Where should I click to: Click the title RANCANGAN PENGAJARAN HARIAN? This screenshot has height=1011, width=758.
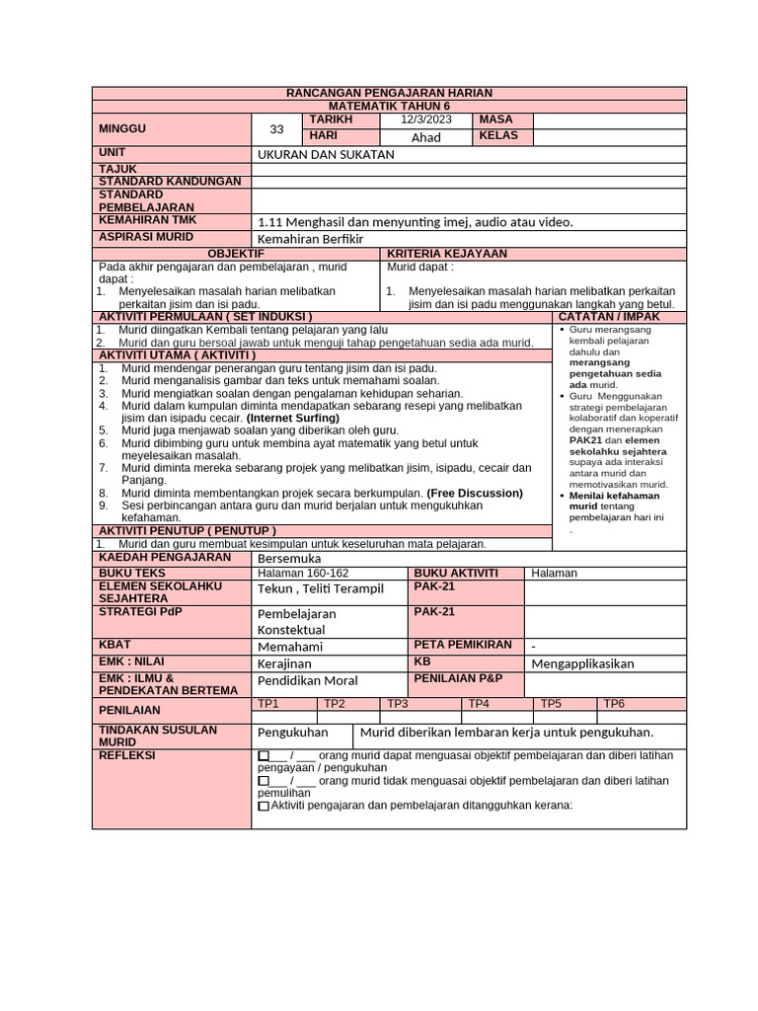click(x=389, y=92)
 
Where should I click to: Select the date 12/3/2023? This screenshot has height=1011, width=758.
click(x=425, y=119)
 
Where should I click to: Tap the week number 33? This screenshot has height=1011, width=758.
click(x=276, y=129)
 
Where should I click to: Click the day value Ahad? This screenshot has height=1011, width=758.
click(x=425, y=137)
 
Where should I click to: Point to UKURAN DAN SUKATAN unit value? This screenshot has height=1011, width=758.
click(x=326, y=154)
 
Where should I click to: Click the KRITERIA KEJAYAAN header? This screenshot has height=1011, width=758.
click(x=447, y=254)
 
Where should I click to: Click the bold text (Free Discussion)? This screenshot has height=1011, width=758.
click(x=475, y=493)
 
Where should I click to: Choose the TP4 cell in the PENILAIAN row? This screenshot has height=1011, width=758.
click(x=479, y=703)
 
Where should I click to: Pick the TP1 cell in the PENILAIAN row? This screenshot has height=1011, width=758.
click(x=268, y=703)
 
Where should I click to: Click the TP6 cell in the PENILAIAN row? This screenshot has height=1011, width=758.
click(x=614, y=703)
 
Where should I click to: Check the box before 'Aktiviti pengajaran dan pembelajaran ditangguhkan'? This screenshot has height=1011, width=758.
click(x=263, y=806)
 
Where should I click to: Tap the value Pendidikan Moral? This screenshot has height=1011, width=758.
click(x=308, y=681)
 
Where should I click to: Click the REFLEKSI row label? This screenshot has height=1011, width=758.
click(x=127, y=755)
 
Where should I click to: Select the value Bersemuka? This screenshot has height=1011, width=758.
click(x=289, y=558)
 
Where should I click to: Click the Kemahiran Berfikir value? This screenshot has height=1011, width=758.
click(x=311, y=239)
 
